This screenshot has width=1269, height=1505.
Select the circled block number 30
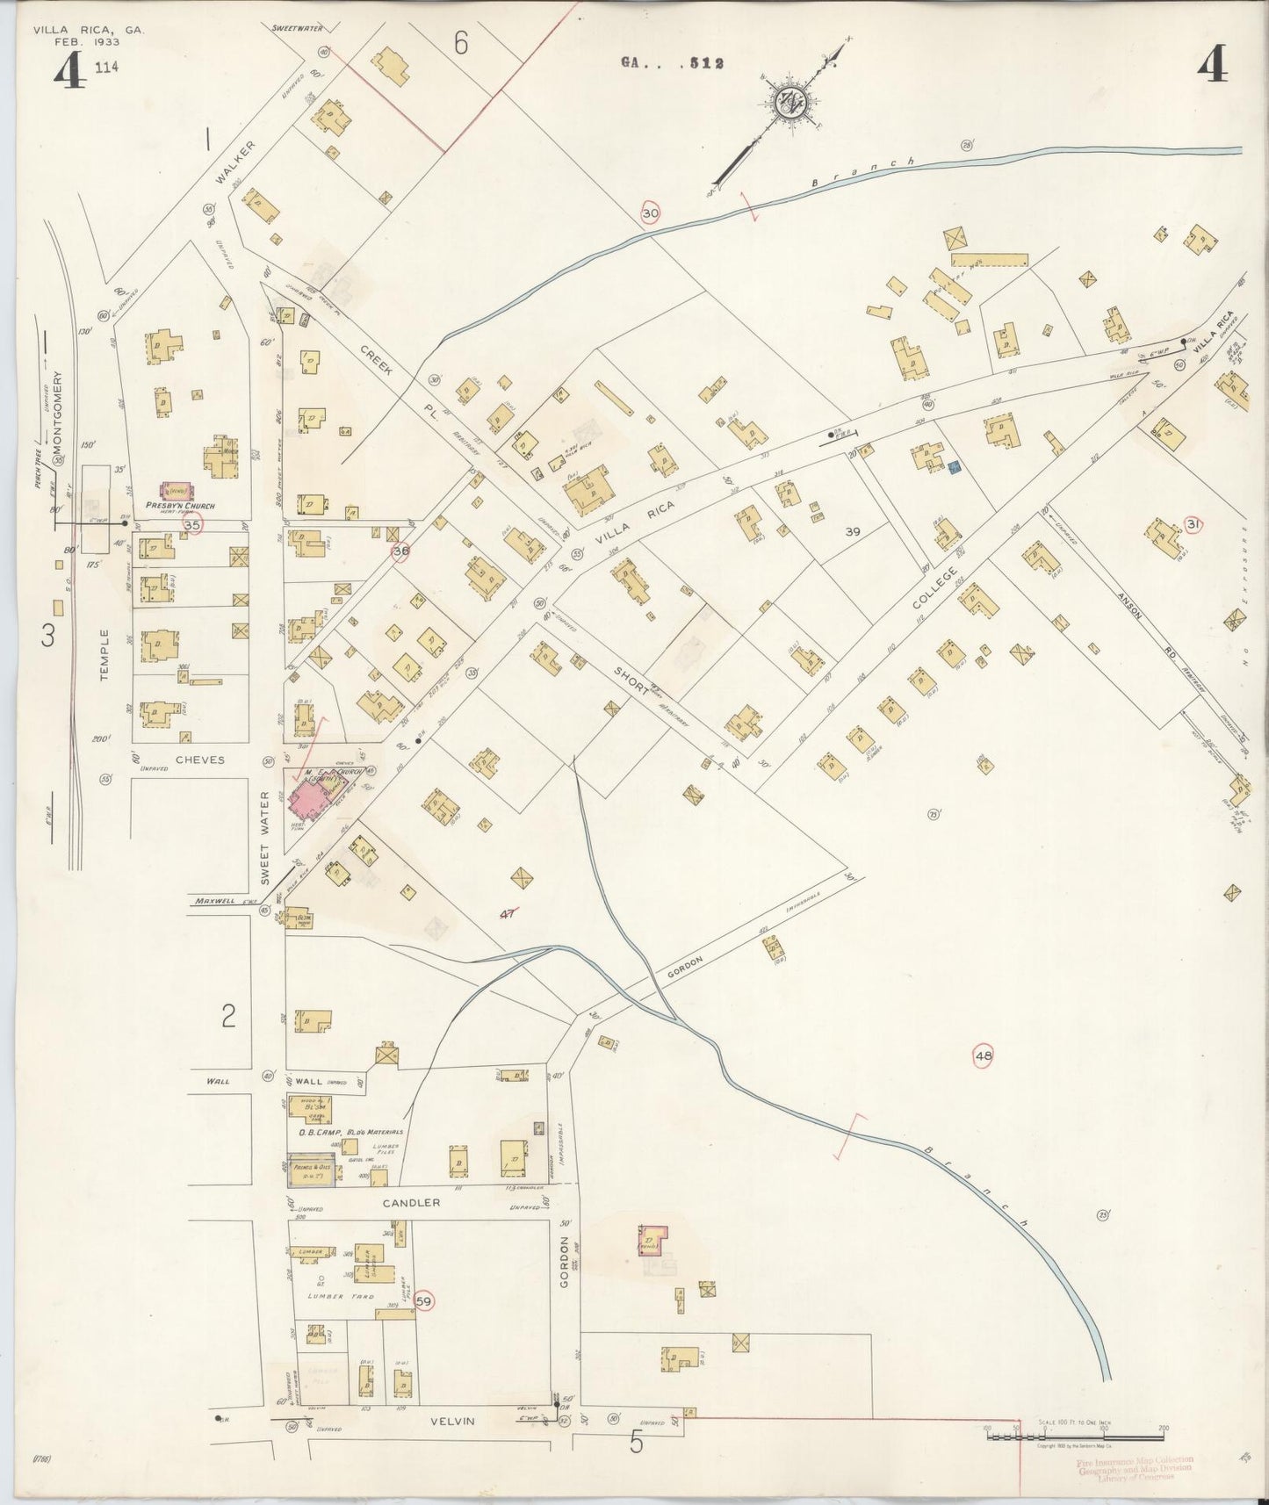(x=650, y=213)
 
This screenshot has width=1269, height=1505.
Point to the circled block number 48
(x=983, y=1056)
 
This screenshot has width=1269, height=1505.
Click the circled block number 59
(x=424, y=1301)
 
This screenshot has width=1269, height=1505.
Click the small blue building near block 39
(x=955, y=469)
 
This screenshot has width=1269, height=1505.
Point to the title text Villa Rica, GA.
(x=88, y=30)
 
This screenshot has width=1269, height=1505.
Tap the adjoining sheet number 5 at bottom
(x=636, y=1442)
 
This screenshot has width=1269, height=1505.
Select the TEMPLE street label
(x=105, y=654)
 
